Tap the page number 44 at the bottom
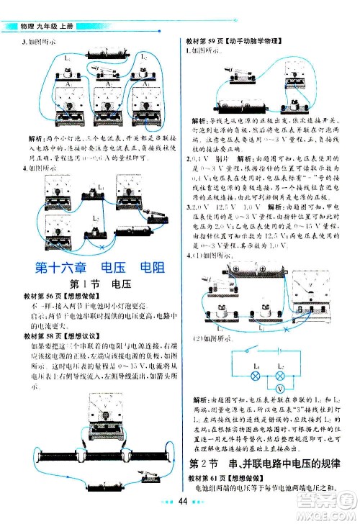coord(184,501)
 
